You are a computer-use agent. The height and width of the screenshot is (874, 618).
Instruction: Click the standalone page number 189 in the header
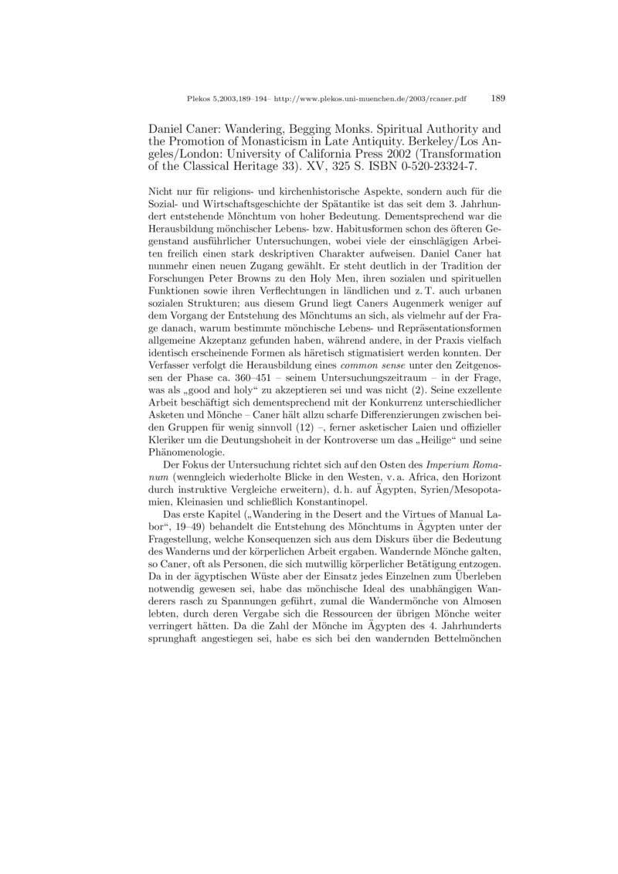click(x=498, y=98)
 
